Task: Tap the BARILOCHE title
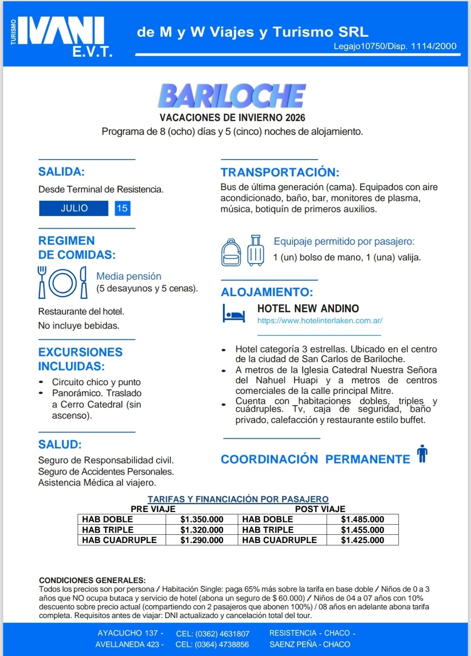232,96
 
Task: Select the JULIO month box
74,208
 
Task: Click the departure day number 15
122,208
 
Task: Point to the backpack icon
231,253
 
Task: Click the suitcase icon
256,251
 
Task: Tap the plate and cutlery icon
62,283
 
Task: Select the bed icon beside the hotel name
234,314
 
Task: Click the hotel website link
320,321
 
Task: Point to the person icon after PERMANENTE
422,454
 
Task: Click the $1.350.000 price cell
202,519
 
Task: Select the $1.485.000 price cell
362,519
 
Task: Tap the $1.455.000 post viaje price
362,530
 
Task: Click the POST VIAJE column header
320,509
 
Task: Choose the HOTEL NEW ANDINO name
308,309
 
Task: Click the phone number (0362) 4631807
213,634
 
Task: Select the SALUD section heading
60,444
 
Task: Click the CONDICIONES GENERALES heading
92,581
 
